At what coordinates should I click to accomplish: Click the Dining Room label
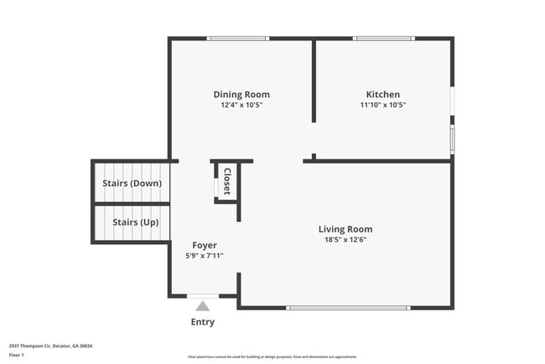[x=241, y=95]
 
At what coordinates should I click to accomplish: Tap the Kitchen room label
[x=382, y=95]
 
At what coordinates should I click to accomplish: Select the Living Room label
[x=345, y=229]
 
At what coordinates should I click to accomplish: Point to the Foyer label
[x=205, y=246]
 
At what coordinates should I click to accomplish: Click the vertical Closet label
[x=226, y=181]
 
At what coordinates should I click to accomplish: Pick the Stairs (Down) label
[x=132, y=183]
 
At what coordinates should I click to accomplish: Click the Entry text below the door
[x=203, y=322]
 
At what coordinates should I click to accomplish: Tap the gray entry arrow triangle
[x=203, y=306]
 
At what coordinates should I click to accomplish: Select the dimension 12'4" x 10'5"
[x=241, y=106]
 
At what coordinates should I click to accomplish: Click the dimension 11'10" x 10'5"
[x=382, y=106]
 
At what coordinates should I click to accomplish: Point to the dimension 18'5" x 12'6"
[x=345, y=240]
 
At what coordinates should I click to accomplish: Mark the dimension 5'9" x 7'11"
[x=205, y=256]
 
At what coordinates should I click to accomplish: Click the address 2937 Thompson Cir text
[x=51, y=346]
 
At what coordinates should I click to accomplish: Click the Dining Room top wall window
[x=238, y=38]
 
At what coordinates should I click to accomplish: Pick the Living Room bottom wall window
[x=348, y=308]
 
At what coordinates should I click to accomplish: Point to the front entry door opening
[x=203, y=296]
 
